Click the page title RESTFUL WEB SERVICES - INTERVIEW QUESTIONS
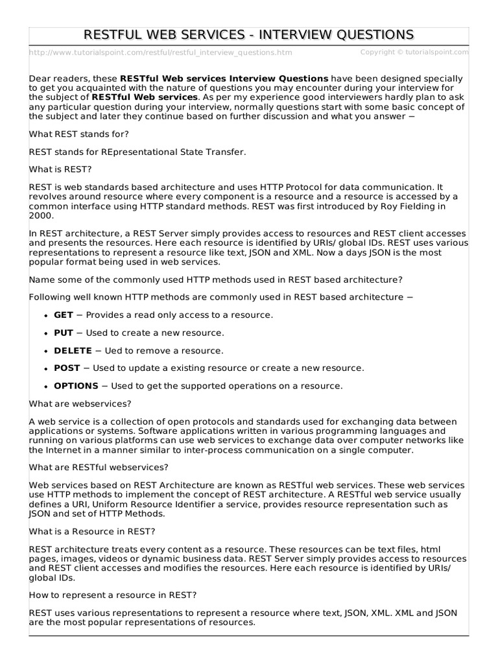[249, 34]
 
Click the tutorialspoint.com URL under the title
[160, 53]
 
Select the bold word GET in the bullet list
[64, 314]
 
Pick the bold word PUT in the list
[64, 333]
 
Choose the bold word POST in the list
[67, 368]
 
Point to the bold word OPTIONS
[76, 386]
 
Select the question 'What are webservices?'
[80, 403]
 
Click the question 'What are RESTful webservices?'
[99, 467]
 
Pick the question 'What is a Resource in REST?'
[92, 531]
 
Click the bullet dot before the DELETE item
[46, 351]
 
